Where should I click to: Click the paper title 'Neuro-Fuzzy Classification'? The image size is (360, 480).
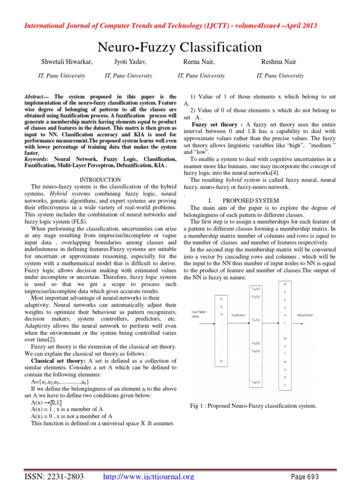coord(180,47)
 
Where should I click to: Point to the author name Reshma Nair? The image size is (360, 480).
coord(279,62)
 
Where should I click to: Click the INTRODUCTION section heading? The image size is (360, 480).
coord(100,180)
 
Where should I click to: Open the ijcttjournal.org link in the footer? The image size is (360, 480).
coord(148,476)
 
